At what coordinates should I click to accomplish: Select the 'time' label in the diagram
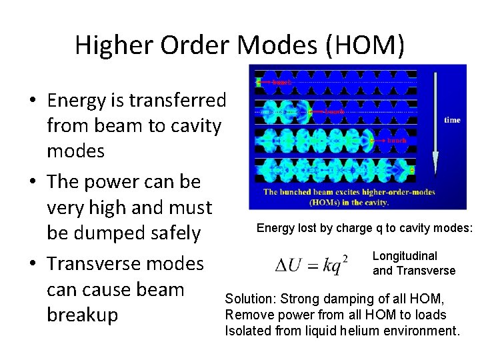[x=452, y=120]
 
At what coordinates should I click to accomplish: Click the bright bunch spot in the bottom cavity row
[x=412, y=171]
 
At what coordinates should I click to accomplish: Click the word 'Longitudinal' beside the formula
[x=405, y=256]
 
